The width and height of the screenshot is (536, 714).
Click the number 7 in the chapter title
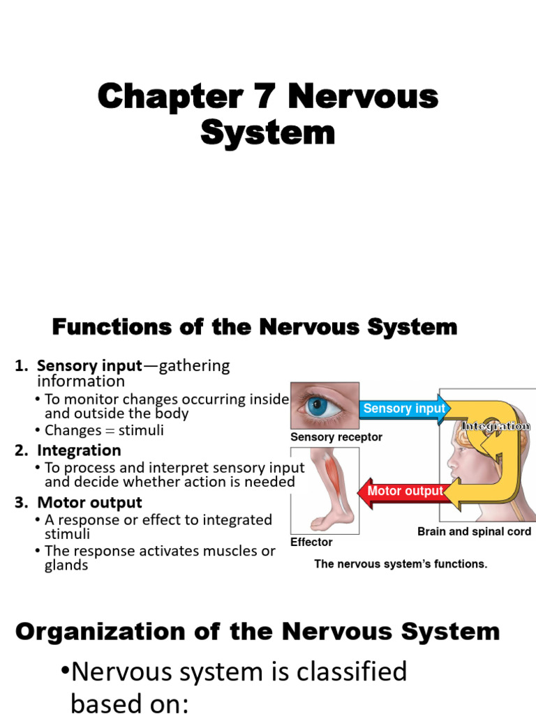tap(267, 97)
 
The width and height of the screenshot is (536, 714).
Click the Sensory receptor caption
tap(336, 437)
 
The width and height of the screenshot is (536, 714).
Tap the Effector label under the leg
tap(311, 542)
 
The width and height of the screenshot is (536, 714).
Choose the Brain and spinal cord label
tap(474, 531)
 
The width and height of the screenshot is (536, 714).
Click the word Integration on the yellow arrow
tap(496, 426)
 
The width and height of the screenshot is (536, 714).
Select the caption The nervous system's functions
tap(401, 564)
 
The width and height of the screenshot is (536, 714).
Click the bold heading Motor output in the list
tap(89, 503)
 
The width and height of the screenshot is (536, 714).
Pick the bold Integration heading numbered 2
tap(79, 450)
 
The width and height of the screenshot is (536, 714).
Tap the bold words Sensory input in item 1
tap(89, 366)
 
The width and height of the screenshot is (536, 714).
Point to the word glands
tap(66, 565)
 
